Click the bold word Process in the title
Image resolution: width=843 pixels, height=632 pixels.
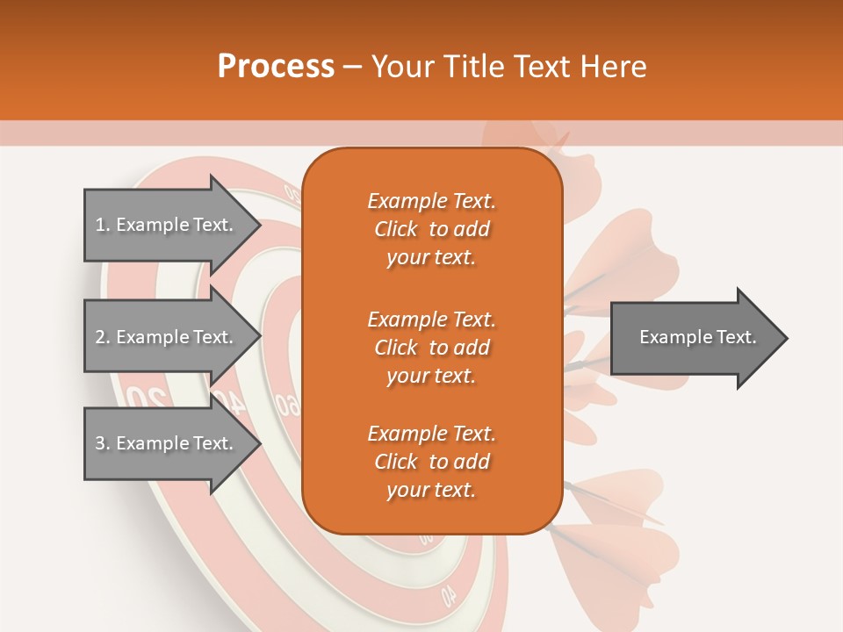(x=276, y=67)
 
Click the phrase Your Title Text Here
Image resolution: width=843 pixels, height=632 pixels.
(x=508, y=67)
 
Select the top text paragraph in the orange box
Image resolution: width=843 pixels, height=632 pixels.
(x=431, y=229)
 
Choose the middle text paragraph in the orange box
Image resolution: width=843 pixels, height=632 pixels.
(x=431, y=348)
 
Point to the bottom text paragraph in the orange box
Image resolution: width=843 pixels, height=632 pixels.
(x=431, y=462)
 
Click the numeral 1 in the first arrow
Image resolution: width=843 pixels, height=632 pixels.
(x=100, y=225)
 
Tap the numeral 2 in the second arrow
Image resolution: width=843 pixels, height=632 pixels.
(x=100, y=337)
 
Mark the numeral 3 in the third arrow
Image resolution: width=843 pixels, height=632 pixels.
(x=100, y=443)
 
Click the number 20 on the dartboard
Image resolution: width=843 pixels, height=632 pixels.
(x=146, y=398)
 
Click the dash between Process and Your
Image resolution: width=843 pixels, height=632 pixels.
(x=352, y=68)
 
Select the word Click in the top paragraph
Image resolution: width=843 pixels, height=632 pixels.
(x=395, y=229)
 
